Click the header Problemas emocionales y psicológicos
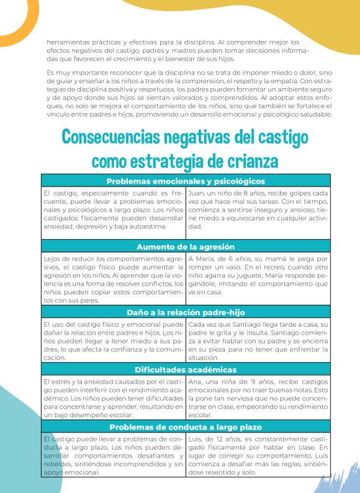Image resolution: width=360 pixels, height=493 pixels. (x=186, y=181)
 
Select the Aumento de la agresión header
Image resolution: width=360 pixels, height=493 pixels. (x=186, y=246)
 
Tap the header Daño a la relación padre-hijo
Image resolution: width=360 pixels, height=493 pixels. (x=186, y=312)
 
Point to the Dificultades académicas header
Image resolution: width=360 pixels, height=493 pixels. (x=186, y=370)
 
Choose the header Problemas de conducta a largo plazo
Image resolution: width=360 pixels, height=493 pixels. (x=186, y=427)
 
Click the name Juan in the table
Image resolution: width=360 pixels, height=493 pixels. (x=196, y=194)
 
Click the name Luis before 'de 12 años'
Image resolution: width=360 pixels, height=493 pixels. (x=195, y=438)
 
